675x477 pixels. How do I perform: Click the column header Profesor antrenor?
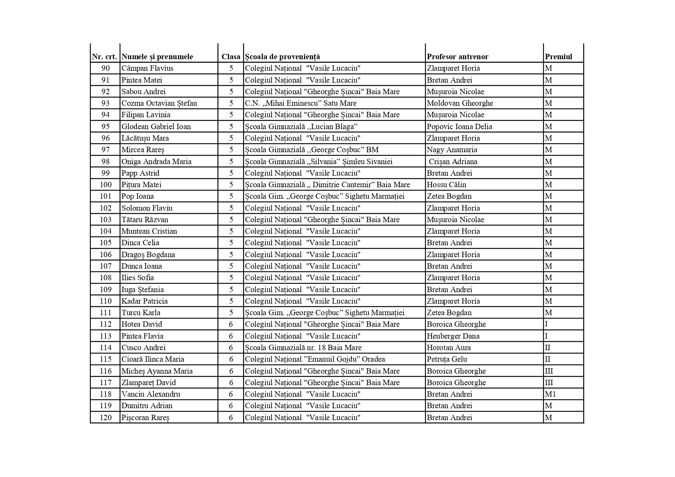coord(457,57)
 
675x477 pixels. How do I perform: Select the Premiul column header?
coord(558,57)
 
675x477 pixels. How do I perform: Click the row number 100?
coord(105,185)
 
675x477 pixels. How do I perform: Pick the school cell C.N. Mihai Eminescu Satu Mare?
coord(300,103)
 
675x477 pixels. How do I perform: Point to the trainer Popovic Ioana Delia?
coord(459,127)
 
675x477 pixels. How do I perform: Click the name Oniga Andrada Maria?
coord(156,162)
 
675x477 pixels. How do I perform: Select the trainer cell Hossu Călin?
coord(446,185)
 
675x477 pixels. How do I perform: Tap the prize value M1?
coord(550,394)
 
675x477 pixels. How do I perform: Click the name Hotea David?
coord(142,324)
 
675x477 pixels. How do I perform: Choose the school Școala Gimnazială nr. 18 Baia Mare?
coord(303,348)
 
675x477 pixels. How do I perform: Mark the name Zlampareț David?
coord(148,383)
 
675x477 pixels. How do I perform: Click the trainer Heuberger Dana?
coord(453,336)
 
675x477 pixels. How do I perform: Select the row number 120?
coord(105,418)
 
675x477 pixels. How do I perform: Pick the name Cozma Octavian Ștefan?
coord(159,103)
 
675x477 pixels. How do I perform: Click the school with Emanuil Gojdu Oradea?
coord(315,359)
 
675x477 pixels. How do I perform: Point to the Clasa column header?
coord(231,57)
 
